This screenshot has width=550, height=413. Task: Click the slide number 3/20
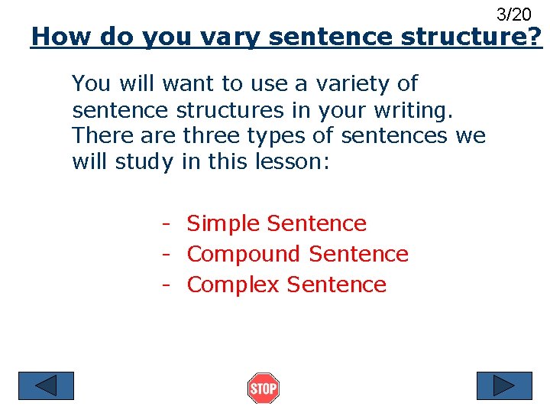click(x=513, y=14)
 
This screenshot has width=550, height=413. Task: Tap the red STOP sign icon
click(x=264, y=389)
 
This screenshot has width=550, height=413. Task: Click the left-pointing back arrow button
click(x=47, y=385)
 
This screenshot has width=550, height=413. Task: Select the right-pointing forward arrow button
click(x=503, y=385)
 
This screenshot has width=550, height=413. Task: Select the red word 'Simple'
click(x=225, y=223)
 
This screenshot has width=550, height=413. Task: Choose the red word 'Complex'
click(x=234, y=285)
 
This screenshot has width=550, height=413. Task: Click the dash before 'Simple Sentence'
click(x=164, y=224)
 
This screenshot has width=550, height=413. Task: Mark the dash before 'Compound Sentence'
click(x=164, y=255)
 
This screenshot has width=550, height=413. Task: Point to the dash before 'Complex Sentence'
click(x=164, y=285)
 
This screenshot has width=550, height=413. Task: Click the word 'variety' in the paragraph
click(x=358, y=83)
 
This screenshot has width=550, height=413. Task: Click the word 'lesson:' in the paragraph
click(x=291, y=162)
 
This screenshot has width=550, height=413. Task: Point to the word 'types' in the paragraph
click(x=285, y=137)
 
